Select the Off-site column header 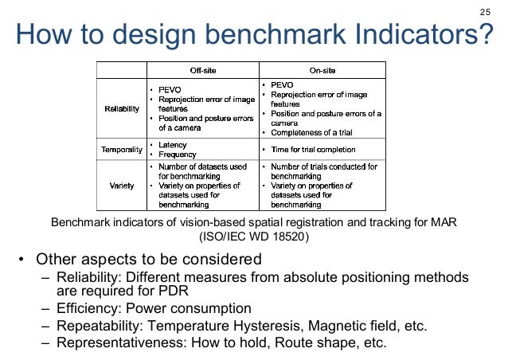tap(199, 69)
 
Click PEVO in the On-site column tap(282, 84)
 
